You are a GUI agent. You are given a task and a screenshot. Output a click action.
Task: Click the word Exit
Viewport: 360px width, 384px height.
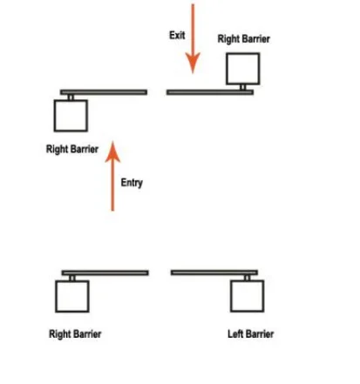click(177, 35)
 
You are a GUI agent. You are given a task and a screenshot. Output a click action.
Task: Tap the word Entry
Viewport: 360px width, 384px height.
click(132, 183)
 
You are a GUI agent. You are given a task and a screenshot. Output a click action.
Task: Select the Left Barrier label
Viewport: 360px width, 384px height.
click(250, 333)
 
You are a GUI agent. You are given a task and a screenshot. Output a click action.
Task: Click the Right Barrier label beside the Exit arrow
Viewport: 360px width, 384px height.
click(244, 39)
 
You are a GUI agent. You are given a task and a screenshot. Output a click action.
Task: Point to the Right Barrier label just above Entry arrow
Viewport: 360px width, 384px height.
click(72, 149)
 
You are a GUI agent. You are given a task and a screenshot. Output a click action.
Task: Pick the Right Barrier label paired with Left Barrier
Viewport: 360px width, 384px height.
click(75, 333)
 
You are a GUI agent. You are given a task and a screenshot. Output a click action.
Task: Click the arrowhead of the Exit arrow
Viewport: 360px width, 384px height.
click(193, 63)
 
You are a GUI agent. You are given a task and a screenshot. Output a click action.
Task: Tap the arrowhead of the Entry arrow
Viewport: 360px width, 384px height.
click(112, 152)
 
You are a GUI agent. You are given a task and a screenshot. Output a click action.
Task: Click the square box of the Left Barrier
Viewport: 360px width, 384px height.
click(248, 296)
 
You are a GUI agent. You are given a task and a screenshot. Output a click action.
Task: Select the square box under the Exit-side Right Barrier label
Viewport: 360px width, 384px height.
click(243, 69)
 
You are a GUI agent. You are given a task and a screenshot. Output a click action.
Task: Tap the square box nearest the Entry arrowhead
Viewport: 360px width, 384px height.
click(71, 116)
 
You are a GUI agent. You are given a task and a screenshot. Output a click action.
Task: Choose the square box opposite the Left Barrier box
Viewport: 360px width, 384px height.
click(72, 296)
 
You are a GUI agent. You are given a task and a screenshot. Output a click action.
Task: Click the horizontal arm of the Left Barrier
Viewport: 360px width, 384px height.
click(214, 273)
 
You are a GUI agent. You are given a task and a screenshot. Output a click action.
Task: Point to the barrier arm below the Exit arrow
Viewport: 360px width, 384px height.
click(210, 92)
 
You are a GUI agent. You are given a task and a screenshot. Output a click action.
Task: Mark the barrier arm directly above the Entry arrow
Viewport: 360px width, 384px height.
click(104, 92)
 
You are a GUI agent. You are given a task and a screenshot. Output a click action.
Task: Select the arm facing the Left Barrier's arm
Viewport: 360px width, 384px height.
click(105, 273)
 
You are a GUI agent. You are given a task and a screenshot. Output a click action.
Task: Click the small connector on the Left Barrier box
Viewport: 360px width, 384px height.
click(247, 278)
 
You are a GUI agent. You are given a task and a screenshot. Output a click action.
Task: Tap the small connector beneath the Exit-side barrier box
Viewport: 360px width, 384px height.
click(243, 87)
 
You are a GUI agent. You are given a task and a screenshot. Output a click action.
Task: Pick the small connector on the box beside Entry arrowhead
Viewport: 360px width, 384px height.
click(71, 98)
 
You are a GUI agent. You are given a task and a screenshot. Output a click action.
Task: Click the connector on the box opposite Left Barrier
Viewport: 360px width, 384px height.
click(72, 278)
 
